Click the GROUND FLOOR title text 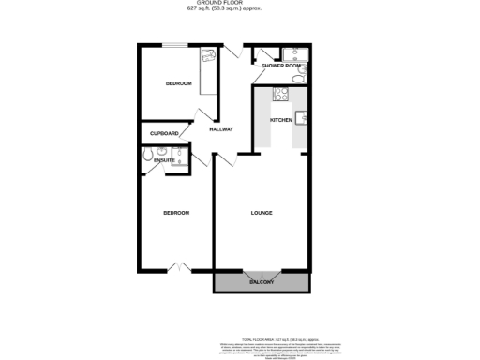point(240,4)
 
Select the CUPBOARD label point(164,133)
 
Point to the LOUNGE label point(262,213)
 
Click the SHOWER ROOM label point(280,66)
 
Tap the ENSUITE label point(164,160)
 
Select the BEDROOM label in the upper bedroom point(178,84)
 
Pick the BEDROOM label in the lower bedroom point(176,213)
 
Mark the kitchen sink point(302,117)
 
